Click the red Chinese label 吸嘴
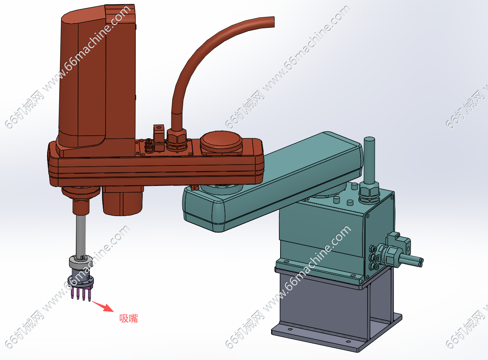129,318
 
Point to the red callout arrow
103,306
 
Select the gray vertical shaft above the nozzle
81,235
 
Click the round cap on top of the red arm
221,141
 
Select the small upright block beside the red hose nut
158,138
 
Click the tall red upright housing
97,79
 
